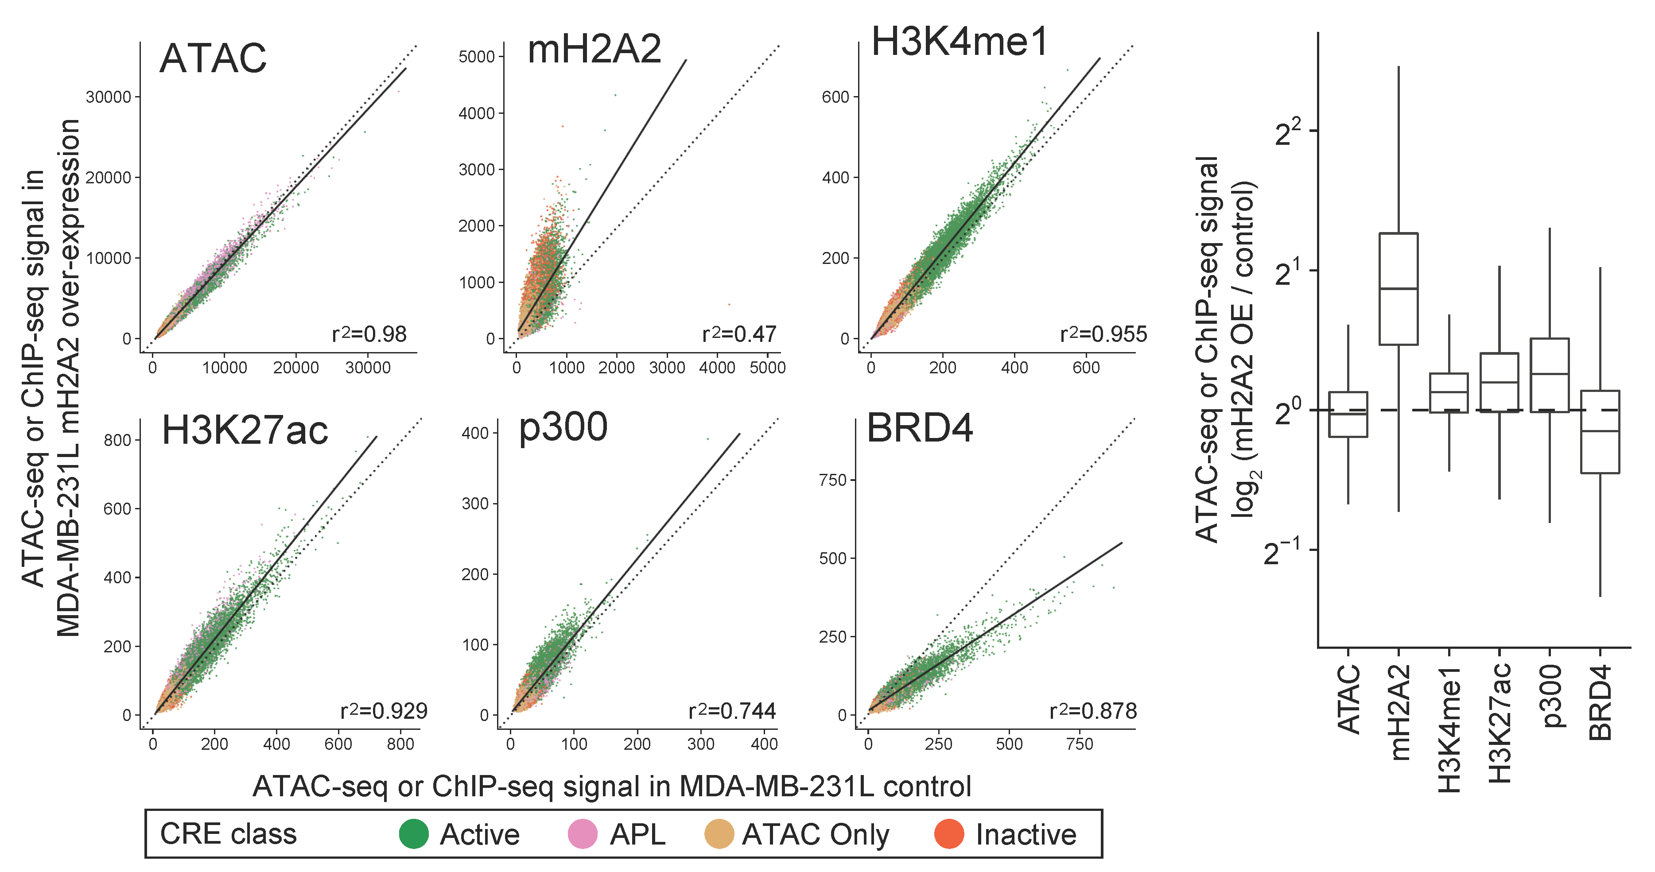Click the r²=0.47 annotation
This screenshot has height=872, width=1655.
(739, 334)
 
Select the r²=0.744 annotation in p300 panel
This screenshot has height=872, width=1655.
(732, 711)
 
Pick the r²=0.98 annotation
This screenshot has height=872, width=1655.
(369, 334)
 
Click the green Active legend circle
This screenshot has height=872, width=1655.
(414, 833)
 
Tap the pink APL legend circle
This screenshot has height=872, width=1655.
(583, 833)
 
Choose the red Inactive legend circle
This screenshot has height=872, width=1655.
(949, 833)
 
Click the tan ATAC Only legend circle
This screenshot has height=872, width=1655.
(719, 833)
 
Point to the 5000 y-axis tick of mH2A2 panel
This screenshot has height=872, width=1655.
(476, 57)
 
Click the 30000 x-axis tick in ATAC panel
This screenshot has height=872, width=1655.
(368, 368)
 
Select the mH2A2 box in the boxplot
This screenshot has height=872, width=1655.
(1398, 289)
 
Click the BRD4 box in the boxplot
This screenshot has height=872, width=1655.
(1599, 431)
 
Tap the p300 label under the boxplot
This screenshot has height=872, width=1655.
(1550, 696)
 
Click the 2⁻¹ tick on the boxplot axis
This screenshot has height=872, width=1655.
(1281, 551)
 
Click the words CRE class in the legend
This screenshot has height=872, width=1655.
(228, 833)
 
